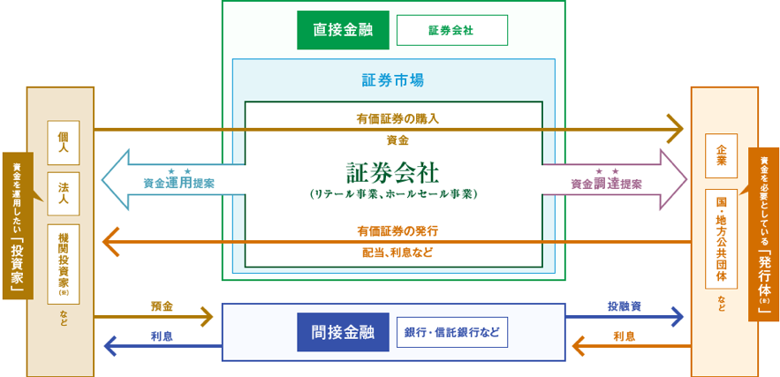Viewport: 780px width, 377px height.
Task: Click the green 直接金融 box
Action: point(343,30)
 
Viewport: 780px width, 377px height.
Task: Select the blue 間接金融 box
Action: point(343,332)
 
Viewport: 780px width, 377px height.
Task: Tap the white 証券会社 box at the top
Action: point(451,30)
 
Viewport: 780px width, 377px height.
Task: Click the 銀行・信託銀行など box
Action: point(451,332)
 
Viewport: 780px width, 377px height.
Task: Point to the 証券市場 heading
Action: point(393,80)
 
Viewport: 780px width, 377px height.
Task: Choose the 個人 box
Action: point(63,142)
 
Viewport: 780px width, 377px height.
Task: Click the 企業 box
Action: point(721,155)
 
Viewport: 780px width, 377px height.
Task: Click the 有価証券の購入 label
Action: point(398,118)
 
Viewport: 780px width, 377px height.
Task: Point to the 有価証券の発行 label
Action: point(398,230)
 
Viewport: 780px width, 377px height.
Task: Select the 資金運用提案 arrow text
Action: point(179,184)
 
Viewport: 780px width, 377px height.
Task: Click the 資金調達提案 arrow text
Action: point(606,184)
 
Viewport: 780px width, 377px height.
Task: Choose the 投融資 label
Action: point(624,306)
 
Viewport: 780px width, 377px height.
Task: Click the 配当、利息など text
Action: point(398,253)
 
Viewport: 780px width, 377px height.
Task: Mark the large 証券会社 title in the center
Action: point(393,170)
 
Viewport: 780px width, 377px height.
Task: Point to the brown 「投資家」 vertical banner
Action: point(18,225)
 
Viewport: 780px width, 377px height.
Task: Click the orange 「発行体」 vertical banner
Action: point(764,234)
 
